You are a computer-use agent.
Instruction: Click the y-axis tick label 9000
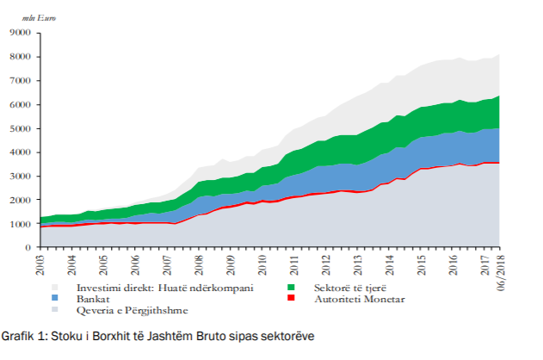(20, 33)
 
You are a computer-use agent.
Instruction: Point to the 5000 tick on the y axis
(20, 128)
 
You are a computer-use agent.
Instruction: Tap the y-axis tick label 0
(28, 248)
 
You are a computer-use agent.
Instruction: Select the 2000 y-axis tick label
(20, 200)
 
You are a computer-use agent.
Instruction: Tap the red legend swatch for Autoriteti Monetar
(292, 299)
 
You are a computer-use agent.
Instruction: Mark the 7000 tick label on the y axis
(20, 81)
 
